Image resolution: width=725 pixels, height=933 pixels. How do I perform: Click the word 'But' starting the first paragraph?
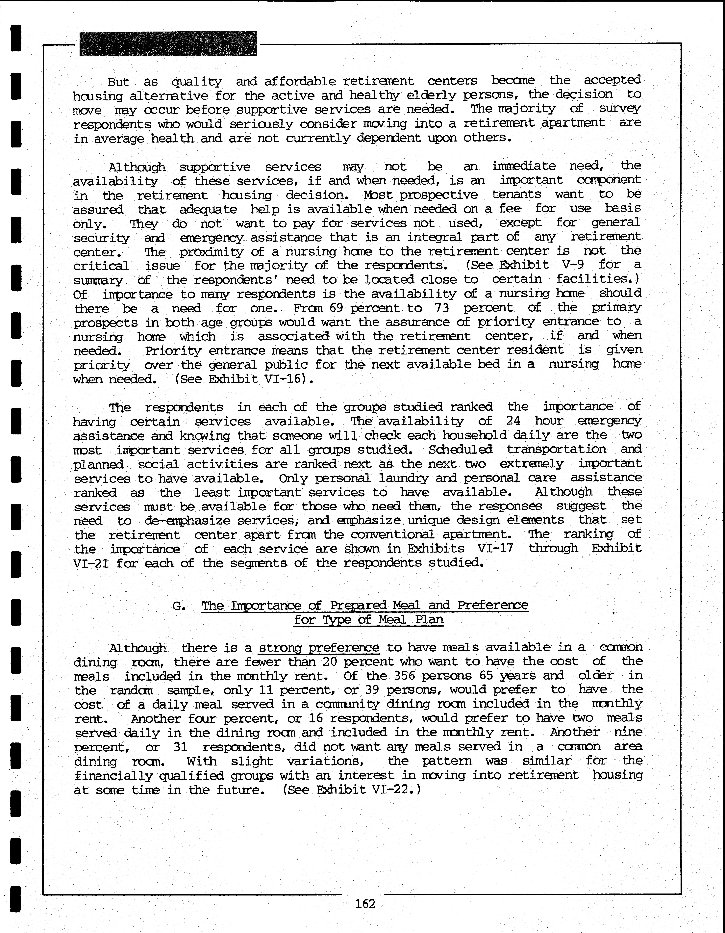coord(118,82)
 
